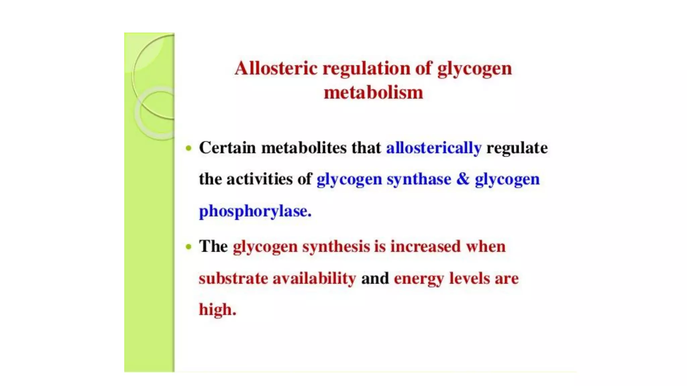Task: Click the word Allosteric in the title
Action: pyautogui.click(x=276, y=68)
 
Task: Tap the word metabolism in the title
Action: pyautogui.click(x=373, y=92)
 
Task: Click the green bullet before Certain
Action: pyautogui.click(x=189, y=148)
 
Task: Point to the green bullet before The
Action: pyautogui.click(x=189, y=247)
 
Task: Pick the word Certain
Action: pyautogui.click(x=227, y=148)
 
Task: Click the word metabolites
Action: pyautogui.click(x=304, y=148)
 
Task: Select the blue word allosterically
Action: pyautogui.click(x=434, y=148)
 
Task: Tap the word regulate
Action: pyautogui.click(x=517, y=148)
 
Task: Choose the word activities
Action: pyautogui.click(x=259, y=179)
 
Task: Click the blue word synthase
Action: pyautogui.click(x=419, y=179)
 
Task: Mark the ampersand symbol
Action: pyautogui.click(x=463, y=179)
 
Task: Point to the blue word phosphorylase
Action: pyautogui.click(x=255, y=211)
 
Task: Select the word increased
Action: pyautogui.click(x=425, y=247)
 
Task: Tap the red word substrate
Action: pyautogui.click(x=233, y=278)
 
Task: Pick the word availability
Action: pyautogui.click(x=314, y=278)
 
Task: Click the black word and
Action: pyautogui.click(x=375, y=278)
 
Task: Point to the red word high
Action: pyautogui.click(x=217, y=310)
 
